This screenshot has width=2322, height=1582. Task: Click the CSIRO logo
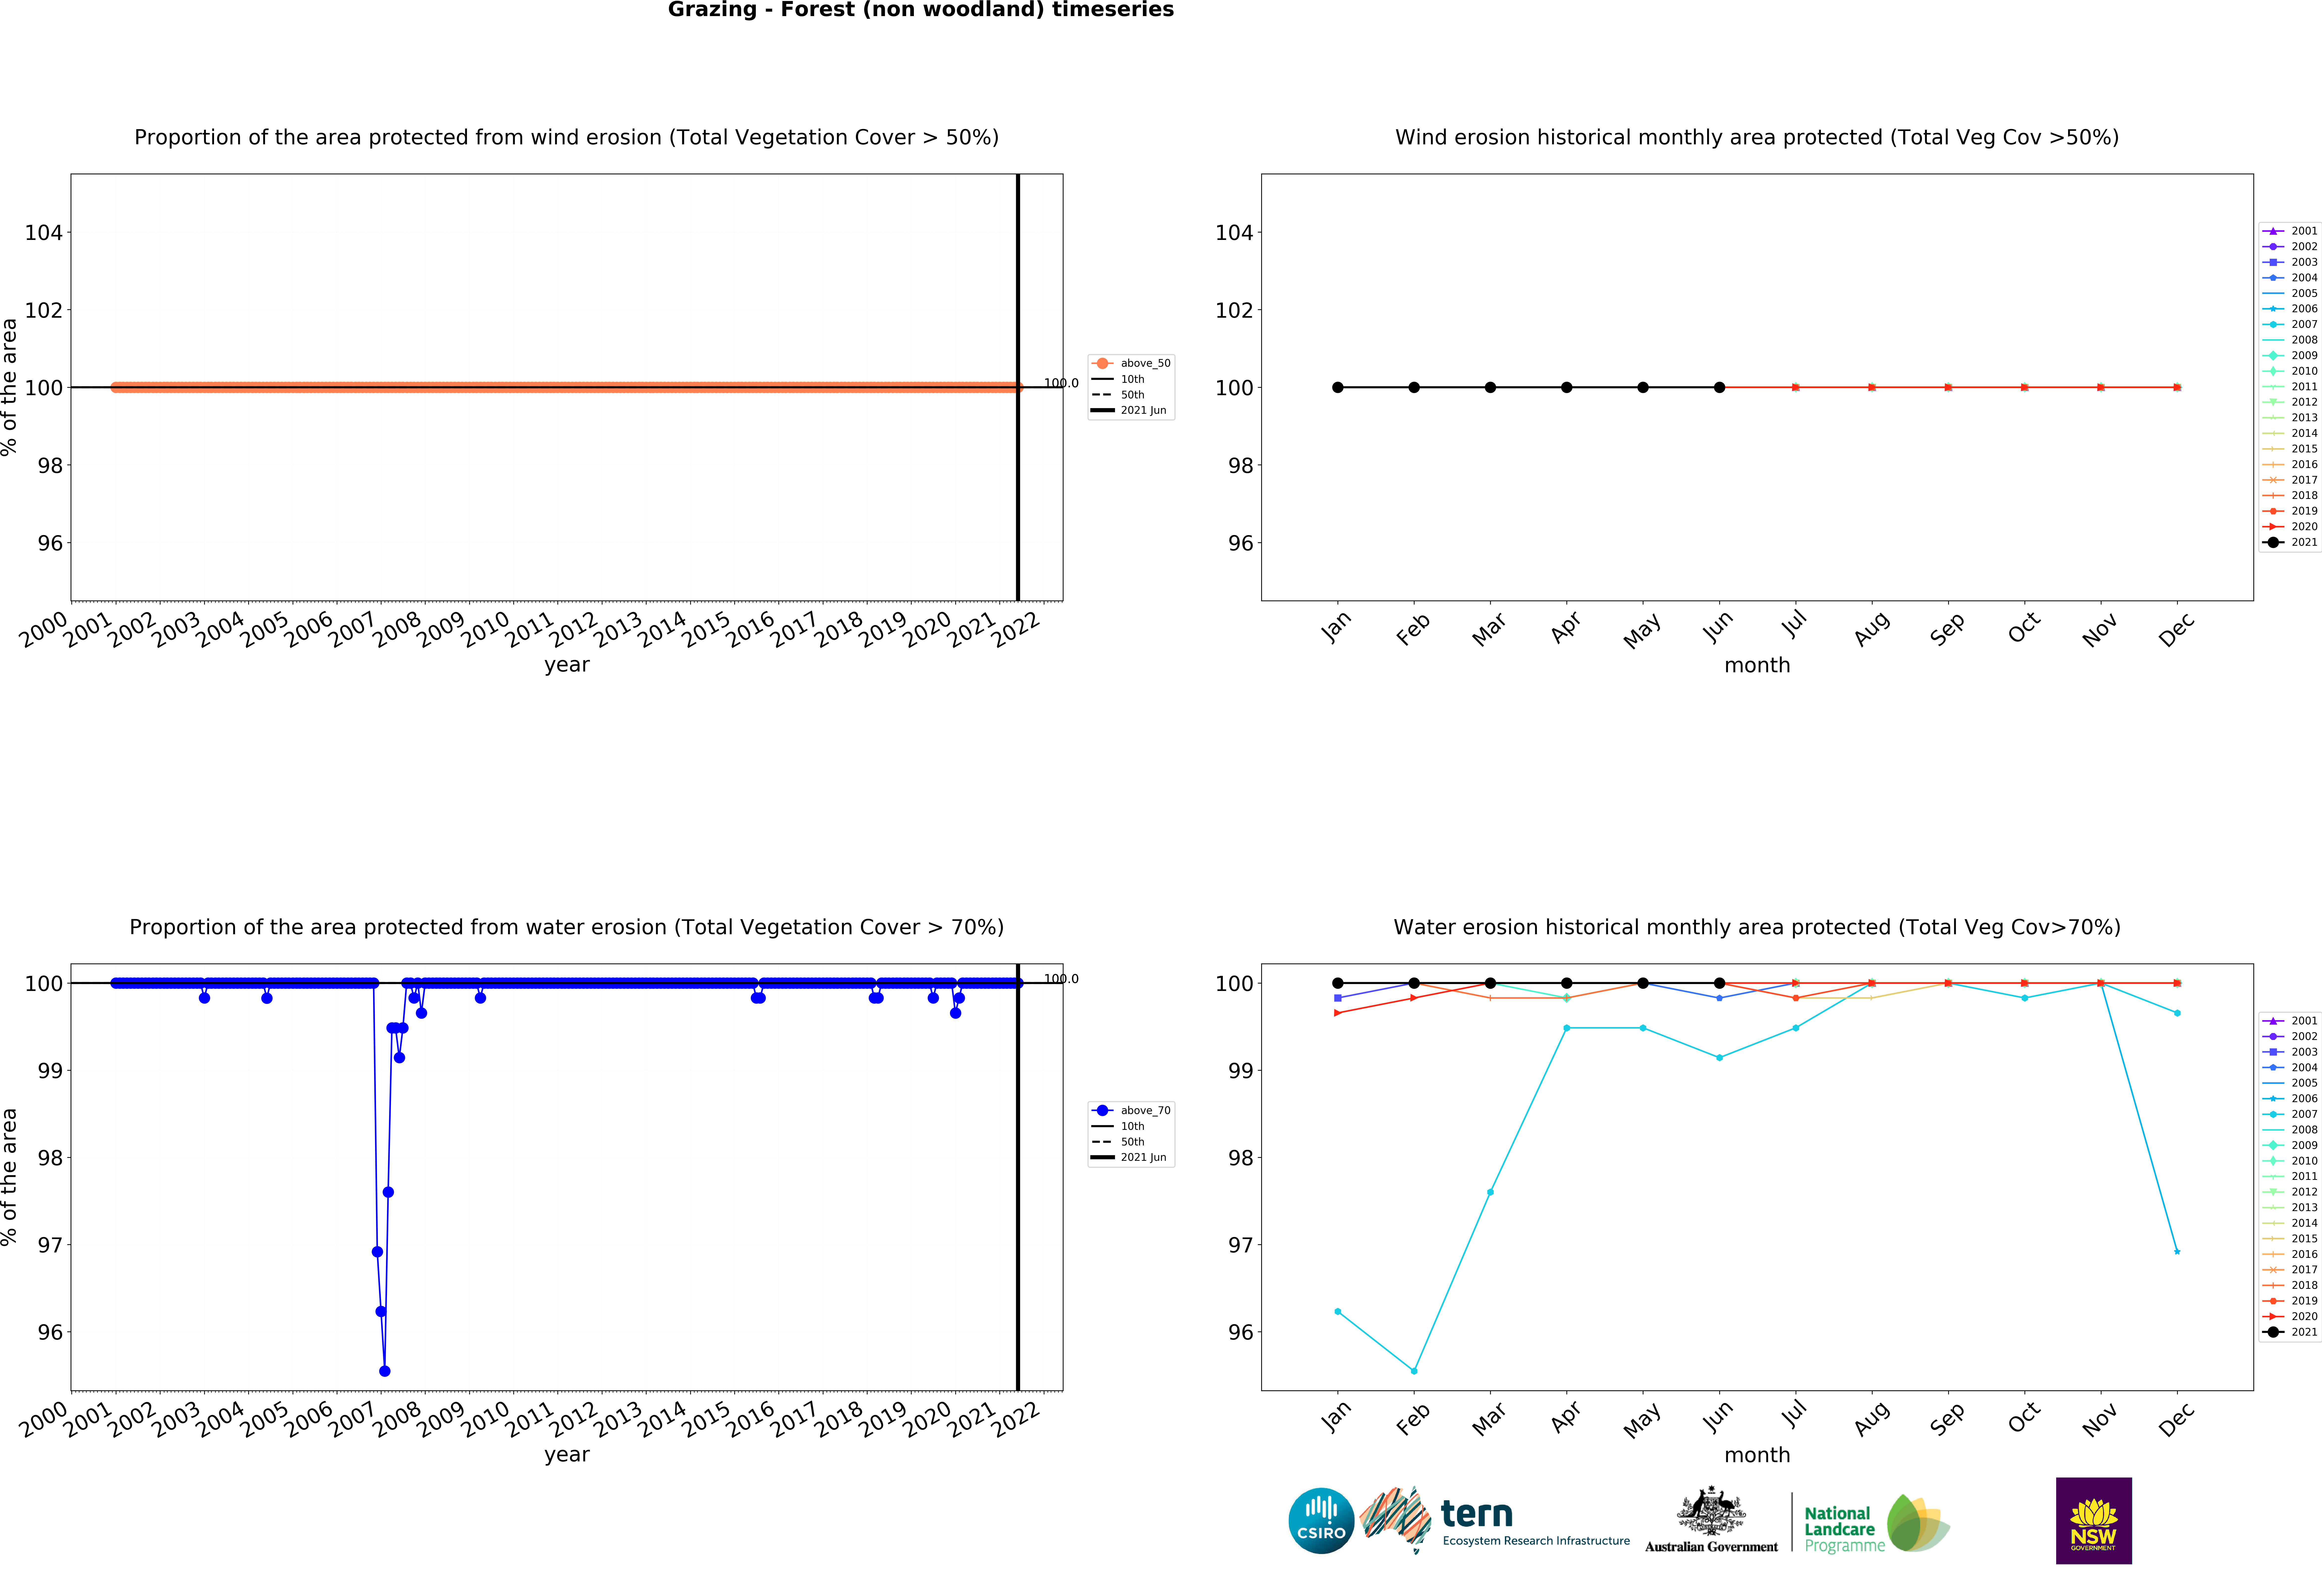pyautogui.click(x=1321, y=1521)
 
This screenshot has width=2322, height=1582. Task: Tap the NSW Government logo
pyautogui.click(x=2093, y=1520)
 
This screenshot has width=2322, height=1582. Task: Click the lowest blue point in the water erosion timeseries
pyautogui.click(x=385, y=1371)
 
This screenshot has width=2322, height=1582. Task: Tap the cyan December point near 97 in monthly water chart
pyautogui.click(x=2177, y=1251)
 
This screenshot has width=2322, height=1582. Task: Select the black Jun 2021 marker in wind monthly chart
pyautogui.click(x=1720, y=388)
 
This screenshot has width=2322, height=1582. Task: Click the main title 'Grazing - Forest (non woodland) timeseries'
pyautogui.click(x=920, y=10)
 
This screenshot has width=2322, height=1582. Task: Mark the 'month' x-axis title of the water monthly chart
pyautogui.click(x=1756, y=1455)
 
